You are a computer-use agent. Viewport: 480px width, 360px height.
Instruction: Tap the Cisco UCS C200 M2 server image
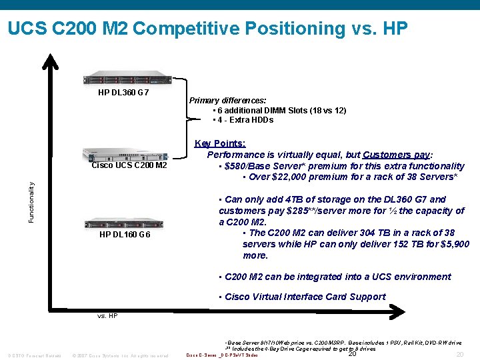click(125, 155)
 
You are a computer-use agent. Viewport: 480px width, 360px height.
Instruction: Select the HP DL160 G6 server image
click(125, 224)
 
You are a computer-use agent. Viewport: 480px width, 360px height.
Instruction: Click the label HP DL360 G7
click(123, 93)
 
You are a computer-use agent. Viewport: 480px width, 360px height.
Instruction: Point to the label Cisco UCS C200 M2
click(129, 165)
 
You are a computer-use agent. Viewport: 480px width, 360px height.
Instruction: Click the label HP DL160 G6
click(125, 235)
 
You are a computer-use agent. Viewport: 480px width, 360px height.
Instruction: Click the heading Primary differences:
click(227, 101)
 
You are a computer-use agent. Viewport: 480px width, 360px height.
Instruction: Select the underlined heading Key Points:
click(220, 143)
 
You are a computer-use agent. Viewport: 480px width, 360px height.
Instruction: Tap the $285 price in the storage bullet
click(293, 211)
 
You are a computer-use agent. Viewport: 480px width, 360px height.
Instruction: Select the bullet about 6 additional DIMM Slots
click(280, 111)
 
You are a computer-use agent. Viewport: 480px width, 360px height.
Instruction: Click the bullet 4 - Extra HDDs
click(243, 120)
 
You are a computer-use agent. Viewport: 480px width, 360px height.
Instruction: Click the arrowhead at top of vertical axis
click(48, 60)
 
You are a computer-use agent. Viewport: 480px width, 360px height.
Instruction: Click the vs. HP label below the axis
click(107, 315)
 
